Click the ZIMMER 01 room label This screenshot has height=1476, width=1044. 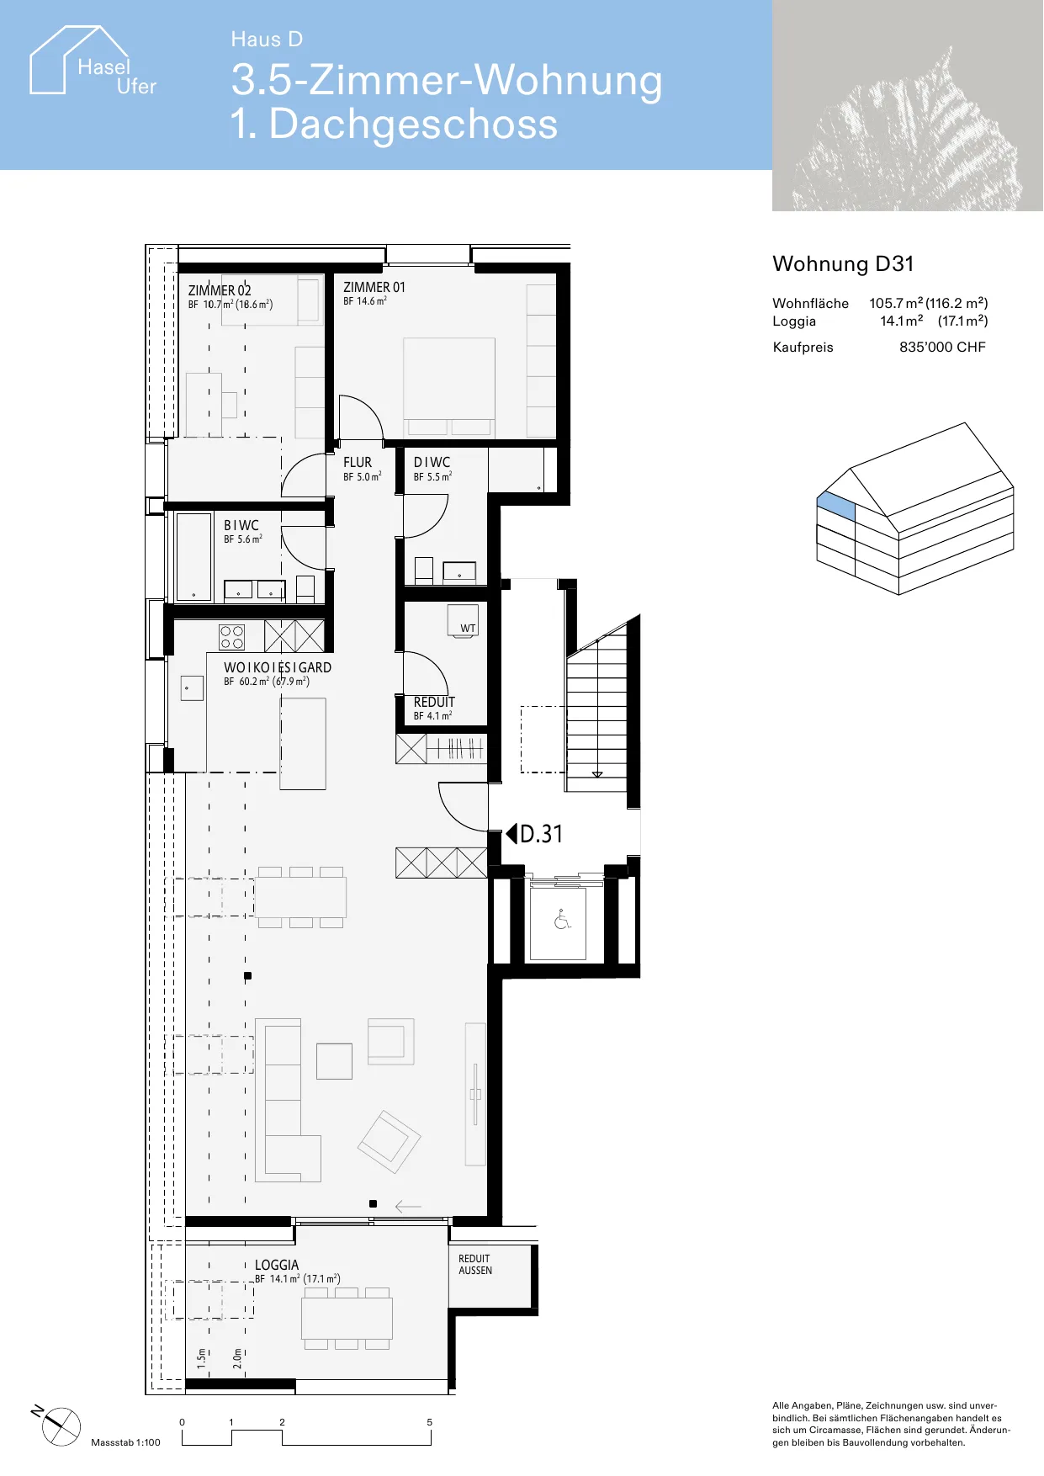pos(374,288)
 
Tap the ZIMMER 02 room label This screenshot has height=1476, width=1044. pos(220,291)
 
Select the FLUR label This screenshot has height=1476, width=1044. pos(358,463)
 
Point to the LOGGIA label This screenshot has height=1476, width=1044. pos(277,1266)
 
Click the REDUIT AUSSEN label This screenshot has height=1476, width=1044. pos(475,1265)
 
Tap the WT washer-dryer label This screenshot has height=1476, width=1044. pos(468,629)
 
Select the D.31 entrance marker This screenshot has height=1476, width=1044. pos(534,834)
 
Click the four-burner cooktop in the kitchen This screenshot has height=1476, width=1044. pos(232,638)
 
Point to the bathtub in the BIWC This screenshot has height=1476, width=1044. pos(193,556)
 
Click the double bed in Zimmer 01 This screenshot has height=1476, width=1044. pos(449,387)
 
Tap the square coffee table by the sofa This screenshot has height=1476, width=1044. pos(334,1061)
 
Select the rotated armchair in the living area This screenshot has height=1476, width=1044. pos(389,1142)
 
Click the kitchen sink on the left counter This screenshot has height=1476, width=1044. pos(192,688)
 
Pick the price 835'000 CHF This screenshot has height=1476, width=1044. pos(942,348)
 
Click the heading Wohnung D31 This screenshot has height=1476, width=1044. pos(843,264)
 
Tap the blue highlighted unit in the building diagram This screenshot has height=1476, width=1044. pos(836,507)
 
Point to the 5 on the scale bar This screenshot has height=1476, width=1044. pos(429,1422)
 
